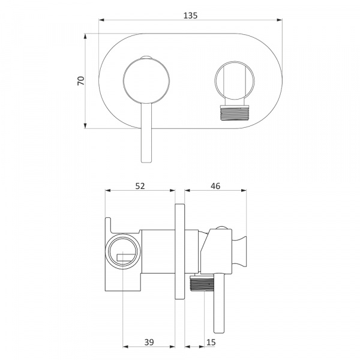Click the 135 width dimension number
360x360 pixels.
pos(190,16)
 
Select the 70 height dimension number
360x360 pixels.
pos(81,81)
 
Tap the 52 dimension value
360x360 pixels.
pos(140,186)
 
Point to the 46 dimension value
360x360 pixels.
pos(215,186)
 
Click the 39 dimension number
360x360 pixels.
pos(149,342)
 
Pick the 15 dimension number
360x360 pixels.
pos(211,342)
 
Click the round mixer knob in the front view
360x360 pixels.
pos(146,81)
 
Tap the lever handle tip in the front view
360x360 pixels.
pos(146,161)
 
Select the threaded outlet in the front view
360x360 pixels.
pos(234,113)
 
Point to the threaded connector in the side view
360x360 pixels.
pos(202,284)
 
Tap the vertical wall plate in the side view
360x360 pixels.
pos(180,251)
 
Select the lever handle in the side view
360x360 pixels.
pos(219,303)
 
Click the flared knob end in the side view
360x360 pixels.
pos(241,251)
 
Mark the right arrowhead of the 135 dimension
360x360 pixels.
pos(280,20)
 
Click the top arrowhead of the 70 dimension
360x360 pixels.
pos(85,36)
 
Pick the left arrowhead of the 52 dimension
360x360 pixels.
pos(108,190)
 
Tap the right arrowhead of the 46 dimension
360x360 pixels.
pos(244,190)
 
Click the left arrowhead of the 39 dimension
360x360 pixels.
pos(125,346)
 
